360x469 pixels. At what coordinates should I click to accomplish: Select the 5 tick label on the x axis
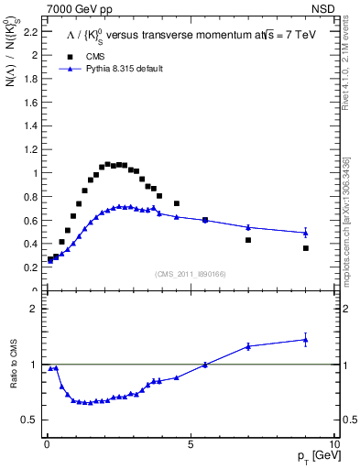pos(190,444)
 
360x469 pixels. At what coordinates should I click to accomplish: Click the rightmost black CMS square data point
pos(306,248)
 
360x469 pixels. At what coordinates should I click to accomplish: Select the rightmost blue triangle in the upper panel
pos(306,233)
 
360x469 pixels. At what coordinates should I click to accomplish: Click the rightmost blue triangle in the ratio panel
pos(306,340)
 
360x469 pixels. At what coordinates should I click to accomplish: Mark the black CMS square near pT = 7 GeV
pos(248,240)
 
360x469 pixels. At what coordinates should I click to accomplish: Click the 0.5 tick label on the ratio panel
pos(30,420)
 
